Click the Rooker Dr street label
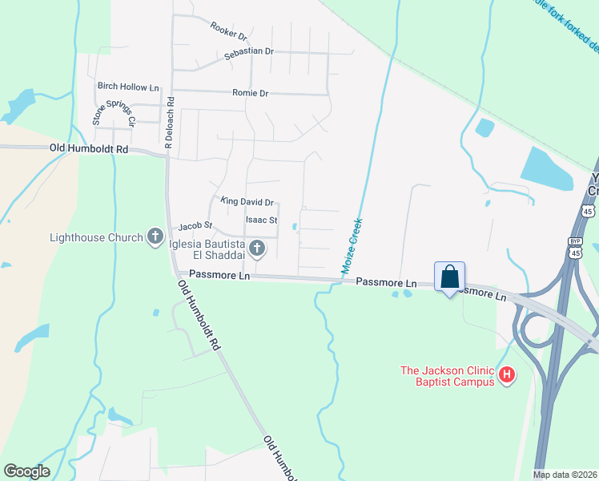pyautogui.click(x=229, y=31)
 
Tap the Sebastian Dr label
pyautogui.click(x=249, y=51)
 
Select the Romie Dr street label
pyautogui.click(x=250, y=93)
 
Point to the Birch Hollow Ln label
pyautogui.click(x=128, y=86)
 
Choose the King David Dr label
pyautogui.click(x=247, y=203)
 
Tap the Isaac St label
pyautogui.click(x=261, y=220)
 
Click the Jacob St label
pyautogui.click(x=195, y=227)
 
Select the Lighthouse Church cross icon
pyautogui.click(x=155, y=237)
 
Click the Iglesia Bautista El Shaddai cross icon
pyautogui.click(x=256, y=249)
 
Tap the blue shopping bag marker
pyautogui.click(x=450, y=277)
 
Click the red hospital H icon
pyautogui.click(x=506, y=374)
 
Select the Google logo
pyautogui.click(x=26, y=471)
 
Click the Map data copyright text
pyautogui.click(x=565, y=475)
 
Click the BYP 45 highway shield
pyautogui.click(x=574, y=246)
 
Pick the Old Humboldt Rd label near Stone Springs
pyautogui.click(x=88, y=149)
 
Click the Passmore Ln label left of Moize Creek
pyautogui.click(x=219, y=276)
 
